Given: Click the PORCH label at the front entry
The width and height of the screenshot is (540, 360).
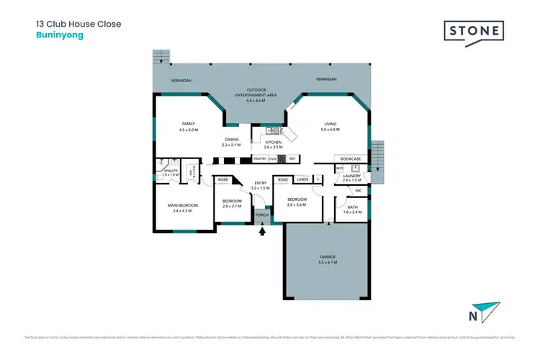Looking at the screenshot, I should click(262, 215).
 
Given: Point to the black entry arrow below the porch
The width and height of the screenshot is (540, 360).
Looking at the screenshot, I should click(262, 230).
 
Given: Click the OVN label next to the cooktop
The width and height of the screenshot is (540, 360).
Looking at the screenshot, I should click(272, 158).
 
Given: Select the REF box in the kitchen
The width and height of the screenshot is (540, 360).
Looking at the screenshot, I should click(292, 158).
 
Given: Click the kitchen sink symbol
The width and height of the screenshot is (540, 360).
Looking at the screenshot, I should click(271, 131).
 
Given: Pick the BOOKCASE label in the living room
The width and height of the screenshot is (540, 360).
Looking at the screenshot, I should click(351, 158).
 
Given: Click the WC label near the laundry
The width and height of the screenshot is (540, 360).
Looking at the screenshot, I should click(357, 191).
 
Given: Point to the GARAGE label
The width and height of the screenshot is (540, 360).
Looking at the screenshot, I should click(328, 257).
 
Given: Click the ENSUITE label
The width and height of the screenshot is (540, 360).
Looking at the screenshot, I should click(171, 171).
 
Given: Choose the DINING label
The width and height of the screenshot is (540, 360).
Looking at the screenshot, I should click(231, 140).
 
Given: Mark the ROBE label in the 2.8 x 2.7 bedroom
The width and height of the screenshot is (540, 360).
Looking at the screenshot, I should click(223, 179).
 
